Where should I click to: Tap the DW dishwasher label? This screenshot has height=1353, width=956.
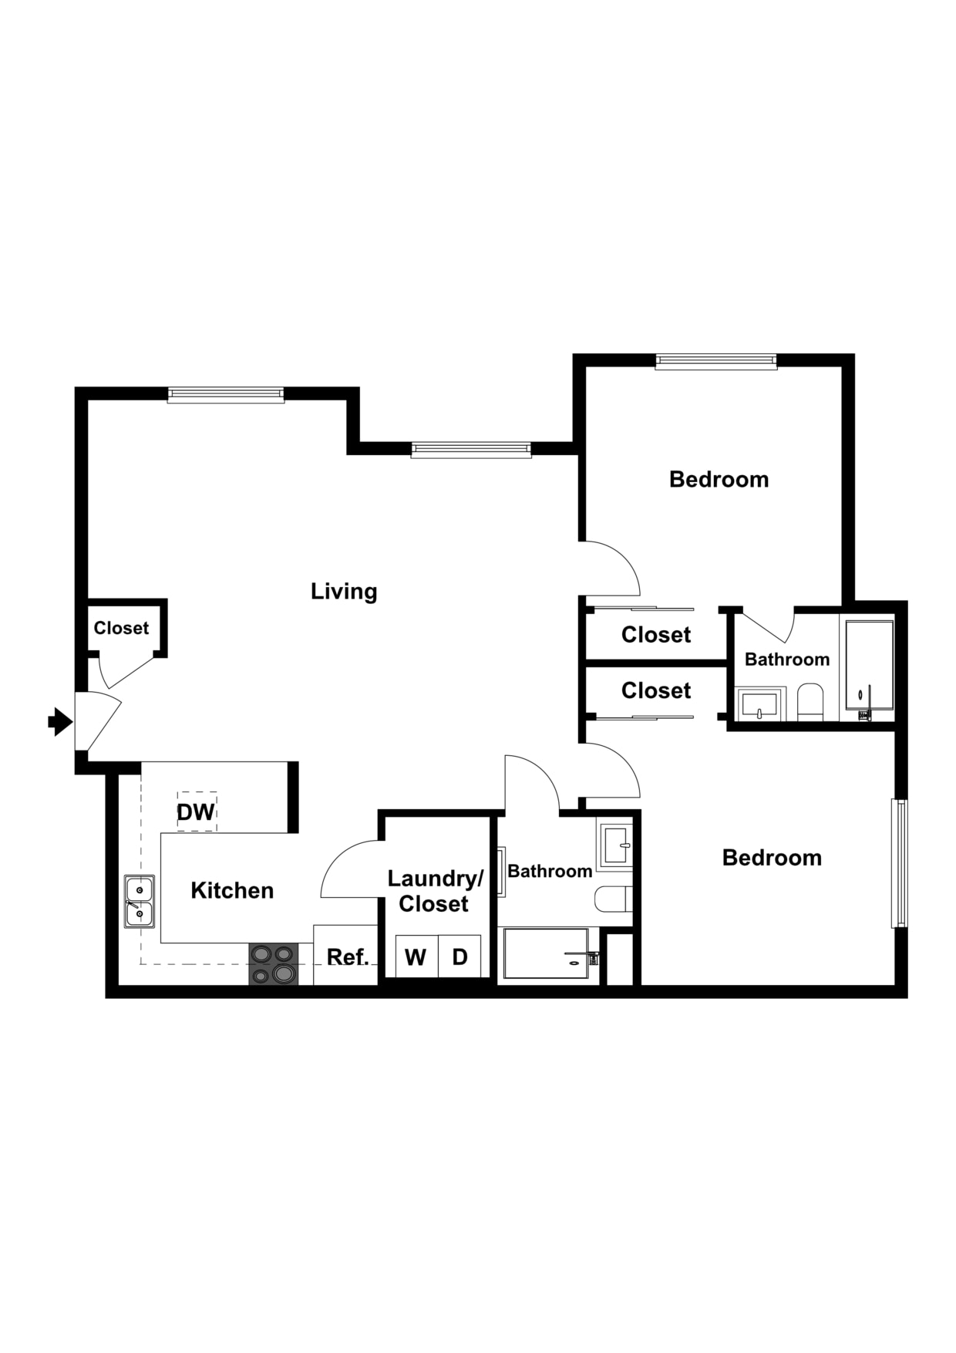(x=196, y=811)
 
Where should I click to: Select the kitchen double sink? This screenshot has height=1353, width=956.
(x=140, y=902)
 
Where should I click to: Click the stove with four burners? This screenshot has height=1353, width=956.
(x=274, y=964)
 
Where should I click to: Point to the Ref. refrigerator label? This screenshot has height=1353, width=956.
(x=348, y=957)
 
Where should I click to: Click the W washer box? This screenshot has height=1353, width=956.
(x=416, y=957)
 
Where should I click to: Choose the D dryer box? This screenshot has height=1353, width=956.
(x=460, y=957)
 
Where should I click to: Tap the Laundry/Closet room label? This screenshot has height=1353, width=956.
(x=435, y=891)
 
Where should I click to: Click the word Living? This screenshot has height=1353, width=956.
(x=344, y=592)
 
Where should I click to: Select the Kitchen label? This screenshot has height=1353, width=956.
(x=232, y=891)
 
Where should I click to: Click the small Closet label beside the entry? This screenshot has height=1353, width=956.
(x=121, y=628)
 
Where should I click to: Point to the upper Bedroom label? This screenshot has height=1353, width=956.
(x=719, y=480)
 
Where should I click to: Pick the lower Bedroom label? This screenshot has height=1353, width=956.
(x=772, y=858)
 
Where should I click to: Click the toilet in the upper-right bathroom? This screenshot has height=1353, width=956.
(x=810, y=702)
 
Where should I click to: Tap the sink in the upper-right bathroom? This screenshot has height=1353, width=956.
(x=759, y=704)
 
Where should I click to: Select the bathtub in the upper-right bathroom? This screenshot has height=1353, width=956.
(x=869, y=666)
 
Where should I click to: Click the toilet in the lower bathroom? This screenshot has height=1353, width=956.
(x=614, y=899)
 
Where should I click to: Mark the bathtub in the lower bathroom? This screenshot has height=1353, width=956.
(x=546, y=954)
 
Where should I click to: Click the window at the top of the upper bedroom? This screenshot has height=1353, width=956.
(x=716, y=361)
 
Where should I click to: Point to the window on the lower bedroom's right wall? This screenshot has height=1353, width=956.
(x=899, y=862)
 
